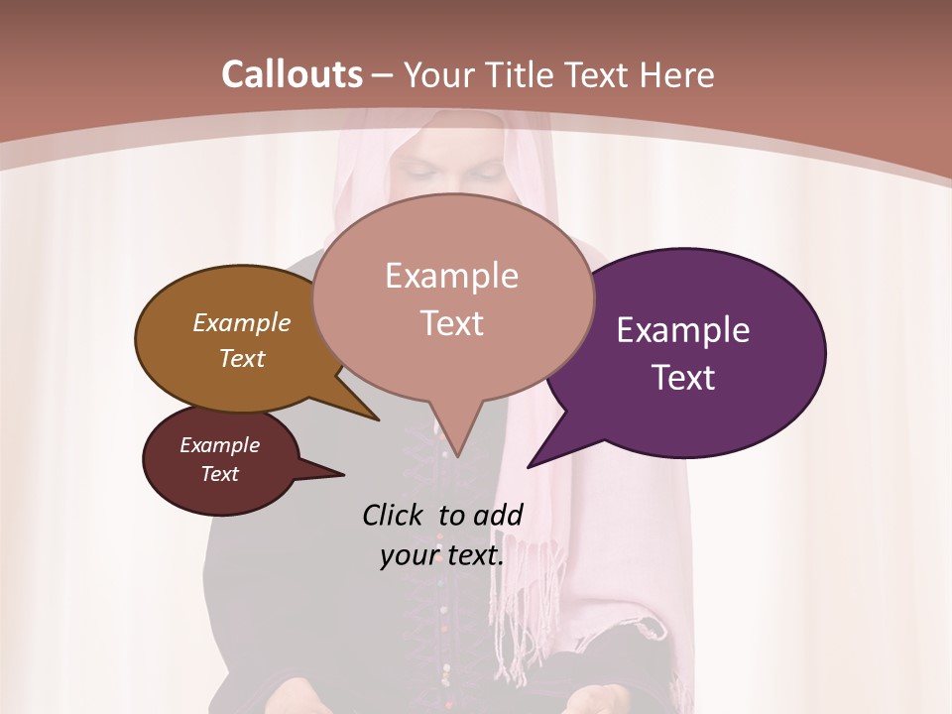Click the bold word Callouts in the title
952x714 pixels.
point(292,74)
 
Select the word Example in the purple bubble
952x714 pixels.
point(683,330)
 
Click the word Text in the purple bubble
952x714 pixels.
point(683,378)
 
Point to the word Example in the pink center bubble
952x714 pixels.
point(451,276)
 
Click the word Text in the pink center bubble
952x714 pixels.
point(451,323)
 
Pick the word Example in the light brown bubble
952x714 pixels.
point(242,322)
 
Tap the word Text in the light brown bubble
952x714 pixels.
point(242,358)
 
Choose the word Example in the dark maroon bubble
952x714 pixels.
point(220,445)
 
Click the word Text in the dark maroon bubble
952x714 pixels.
point(220,474)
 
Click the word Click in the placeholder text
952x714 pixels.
point(397,515)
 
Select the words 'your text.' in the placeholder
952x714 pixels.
point(442,556)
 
